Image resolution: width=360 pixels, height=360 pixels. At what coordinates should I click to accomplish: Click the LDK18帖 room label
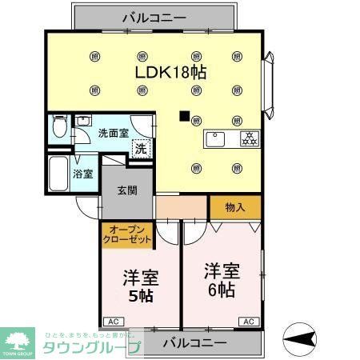pyautogui.click(x=171, y=72)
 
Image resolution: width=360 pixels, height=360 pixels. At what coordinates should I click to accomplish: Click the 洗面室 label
pyautogui.click(x=112, y=134)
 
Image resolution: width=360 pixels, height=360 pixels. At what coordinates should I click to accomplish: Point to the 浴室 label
pyautogui.click(x=83, y=173)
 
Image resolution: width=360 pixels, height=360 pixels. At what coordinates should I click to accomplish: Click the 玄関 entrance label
pyautogui.click(x=126, y=190)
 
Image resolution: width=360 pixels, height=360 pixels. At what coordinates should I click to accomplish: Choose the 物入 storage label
pyautogui.click(x=234, y=207)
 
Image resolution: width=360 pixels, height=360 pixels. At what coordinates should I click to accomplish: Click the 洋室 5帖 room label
pyautogui.click(x=140, y=286)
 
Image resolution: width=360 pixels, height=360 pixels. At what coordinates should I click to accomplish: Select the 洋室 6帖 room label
pyautogui.click(x=218, y=278)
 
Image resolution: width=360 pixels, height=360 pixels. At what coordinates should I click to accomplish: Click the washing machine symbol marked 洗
pyautogui.click(x=141, y=149)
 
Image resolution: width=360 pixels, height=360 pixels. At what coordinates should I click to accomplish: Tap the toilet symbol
pyautogui.click(x=58, y=127)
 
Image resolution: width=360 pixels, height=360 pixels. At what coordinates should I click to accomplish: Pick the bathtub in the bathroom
pyautogui.click(x=59, y=172)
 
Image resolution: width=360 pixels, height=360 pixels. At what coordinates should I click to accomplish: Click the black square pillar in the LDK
pyautogui.click(x=185, y=116)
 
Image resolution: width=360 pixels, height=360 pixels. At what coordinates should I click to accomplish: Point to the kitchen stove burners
pyautogui.click(x=247, y=138)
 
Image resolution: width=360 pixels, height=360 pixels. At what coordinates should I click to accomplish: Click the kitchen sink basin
pyautogui.click(x=216, y=138)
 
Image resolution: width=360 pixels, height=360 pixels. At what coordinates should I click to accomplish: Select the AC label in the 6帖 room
pyautogui.click(x=247, y=321)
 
